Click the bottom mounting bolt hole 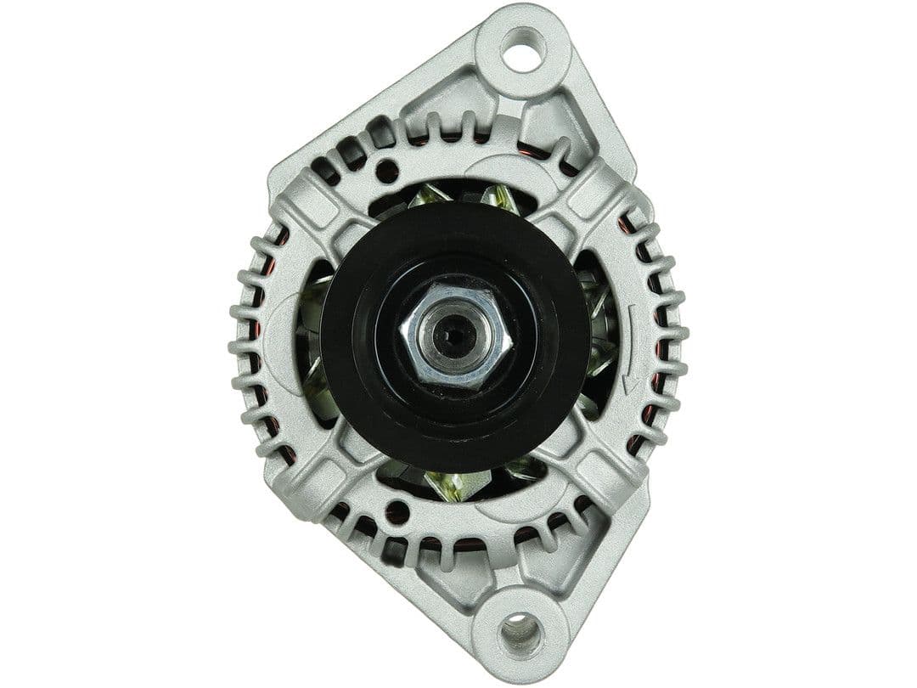pyautogui.click(x=519, y=632)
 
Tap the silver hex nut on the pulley pyautogui.click(x=456, y=337)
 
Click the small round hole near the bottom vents pyautogui.click(x=396, y=511)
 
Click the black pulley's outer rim pyautogui.click(x=340, y=340)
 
